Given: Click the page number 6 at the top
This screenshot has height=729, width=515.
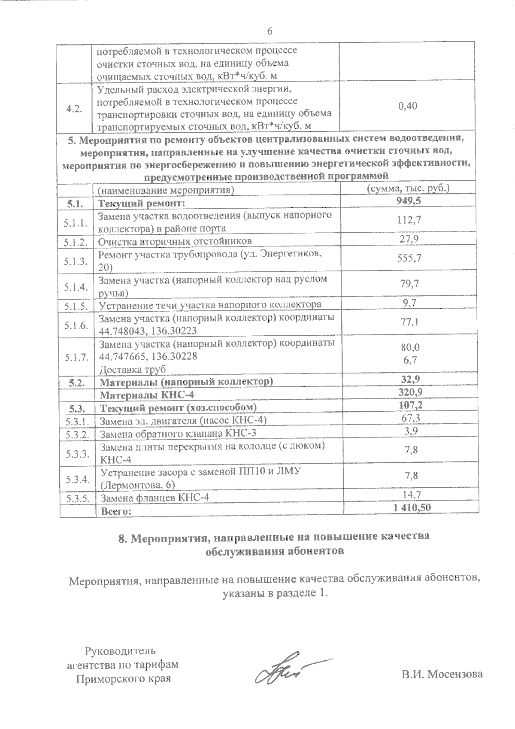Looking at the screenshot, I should pyautogui.click(x=270, y=31).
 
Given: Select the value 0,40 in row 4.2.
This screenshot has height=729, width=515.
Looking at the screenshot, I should pyautogui.click(x=407, y=106).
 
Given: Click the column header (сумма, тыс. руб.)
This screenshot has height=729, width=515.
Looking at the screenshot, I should pyautogui.click(x=407, y=188).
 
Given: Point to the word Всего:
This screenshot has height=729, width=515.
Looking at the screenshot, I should pyautogui.click(x=115, y=511).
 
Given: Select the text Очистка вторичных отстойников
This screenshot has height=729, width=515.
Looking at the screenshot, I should pyautogui.click(x=175, y=241).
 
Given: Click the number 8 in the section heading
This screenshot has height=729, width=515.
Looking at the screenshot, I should pyautogui.click(x=122, y=538).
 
